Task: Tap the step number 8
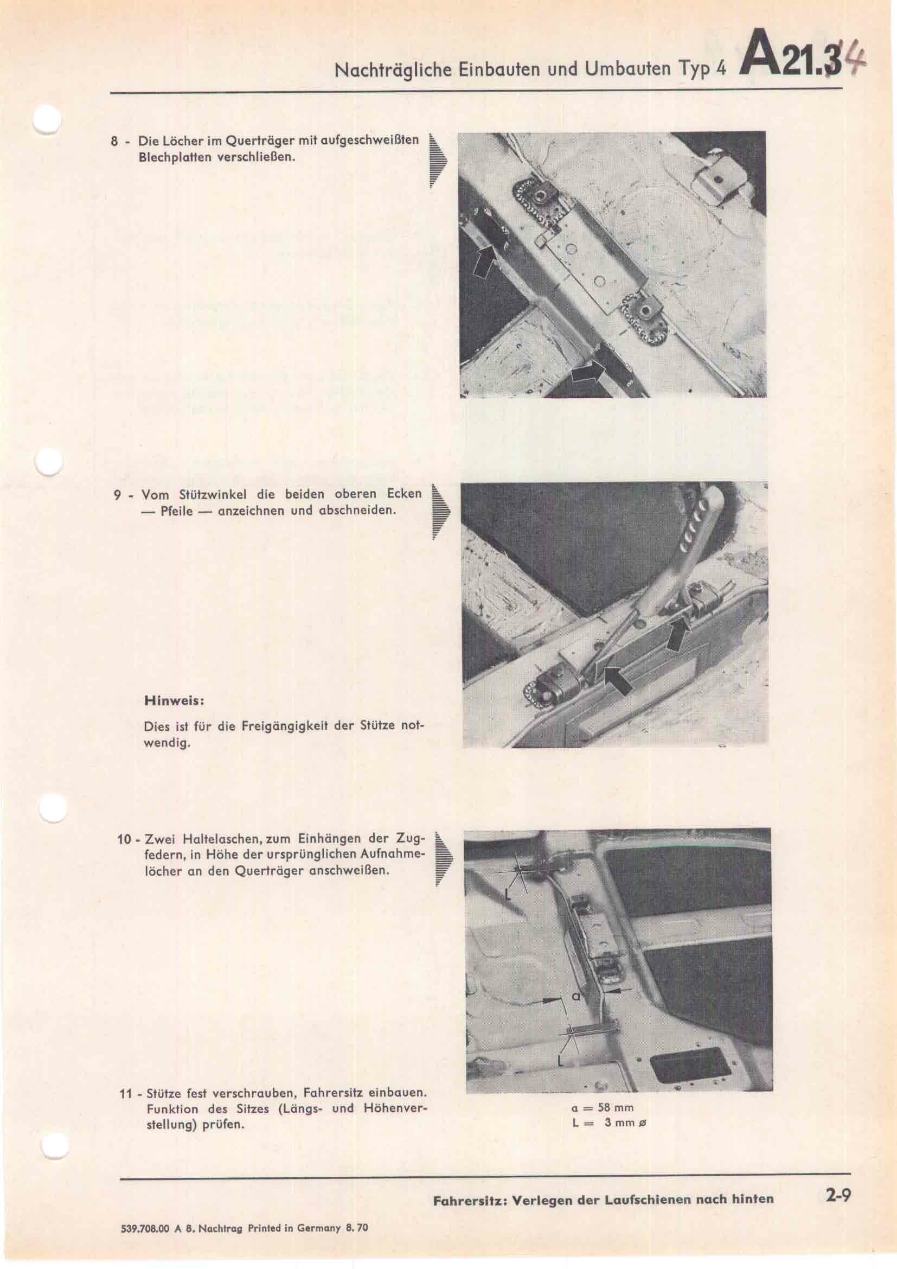coord(114,142)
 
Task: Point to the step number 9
coord(118,495)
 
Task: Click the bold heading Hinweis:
coord(175,701)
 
